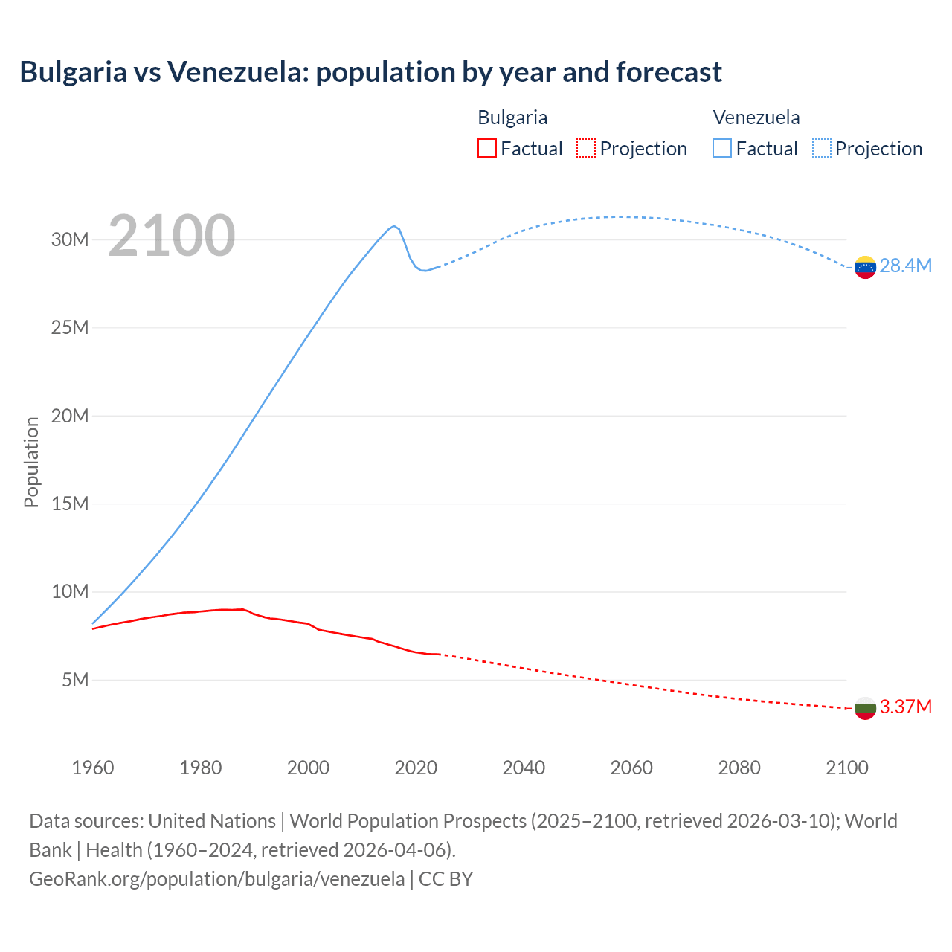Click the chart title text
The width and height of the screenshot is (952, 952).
(x=370, y=72)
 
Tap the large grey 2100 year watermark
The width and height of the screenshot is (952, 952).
(x=172, y=236)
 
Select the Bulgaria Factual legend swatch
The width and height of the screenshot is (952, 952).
(x=486, y=148)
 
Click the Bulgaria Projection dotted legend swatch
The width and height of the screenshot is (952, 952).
(x=586, y=148)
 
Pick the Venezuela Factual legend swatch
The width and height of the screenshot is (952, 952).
(x=721, y=148)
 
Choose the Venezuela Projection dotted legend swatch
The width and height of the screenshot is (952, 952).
(x=821, y=148)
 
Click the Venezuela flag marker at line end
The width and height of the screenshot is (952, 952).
(x=865, y=267)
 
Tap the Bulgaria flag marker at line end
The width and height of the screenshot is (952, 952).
(x=865, y=708)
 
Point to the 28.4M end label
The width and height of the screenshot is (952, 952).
(x=905, y=266)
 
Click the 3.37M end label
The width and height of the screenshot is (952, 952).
(x=905, y=707)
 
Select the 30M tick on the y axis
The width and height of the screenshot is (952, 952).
(x=70, y=239)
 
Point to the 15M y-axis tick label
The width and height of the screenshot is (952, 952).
(x=70, y=504)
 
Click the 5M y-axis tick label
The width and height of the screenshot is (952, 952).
(x=75, y=680)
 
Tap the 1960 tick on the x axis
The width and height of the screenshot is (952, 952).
(x=93, y=768)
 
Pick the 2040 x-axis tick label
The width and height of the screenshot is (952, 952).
(x=524, y=768)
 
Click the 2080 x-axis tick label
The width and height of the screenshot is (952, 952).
(x=739, y=768)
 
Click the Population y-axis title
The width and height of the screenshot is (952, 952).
(x=31, y=462)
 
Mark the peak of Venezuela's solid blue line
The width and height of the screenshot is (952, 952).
(x=393, y=226)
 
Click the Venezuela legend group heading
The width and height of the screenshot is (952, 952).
(x=756, y=118)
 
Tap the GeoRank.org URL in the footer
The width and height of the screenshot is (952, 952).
(x=216, y=879)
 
